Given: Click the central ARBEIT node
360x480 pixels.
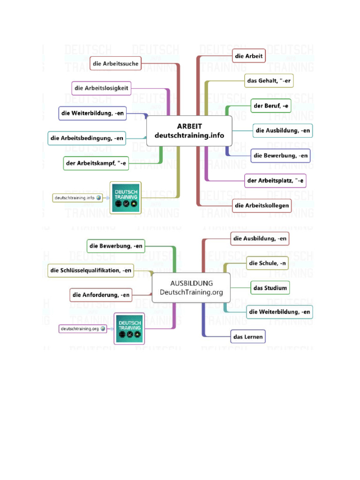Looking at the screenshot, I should click(189, 131).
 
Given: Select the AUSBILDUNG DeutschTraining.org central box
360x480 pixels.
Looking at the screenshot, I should click(191, 287).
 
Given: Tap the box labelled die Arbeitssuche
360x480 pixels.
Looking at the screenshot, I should click(116, 63).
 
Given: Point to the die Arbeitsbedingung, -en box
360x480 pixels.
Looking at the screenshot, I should click(87, 138).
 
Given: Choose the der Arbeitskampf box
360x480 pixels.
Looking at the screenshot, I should click(96, 163).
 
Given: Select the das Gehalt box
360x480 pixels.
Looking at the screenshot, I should click(269, 81).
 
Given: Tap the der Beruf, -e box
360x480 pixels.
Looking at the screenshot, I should click(271, 106).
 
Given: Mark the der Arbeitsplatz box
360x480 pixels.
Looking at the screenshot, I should click(276, 180).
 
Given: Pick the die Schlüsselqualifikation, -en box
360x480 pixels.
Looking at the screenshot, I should click(91, 270).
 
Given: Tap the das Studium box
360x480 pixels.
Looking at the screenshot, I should click(270, 288).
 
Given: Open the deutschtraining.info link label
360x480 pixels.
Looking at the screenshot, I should click(75, 198).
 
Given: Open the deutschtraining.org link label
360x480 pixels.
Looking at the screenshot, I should click(79, 329).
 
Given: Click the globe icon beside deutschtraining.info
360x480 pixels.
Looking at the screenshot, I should click(98, 198).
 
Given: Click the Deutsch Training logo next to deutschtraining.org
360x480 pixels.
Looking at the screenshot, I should click(129, 328).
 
